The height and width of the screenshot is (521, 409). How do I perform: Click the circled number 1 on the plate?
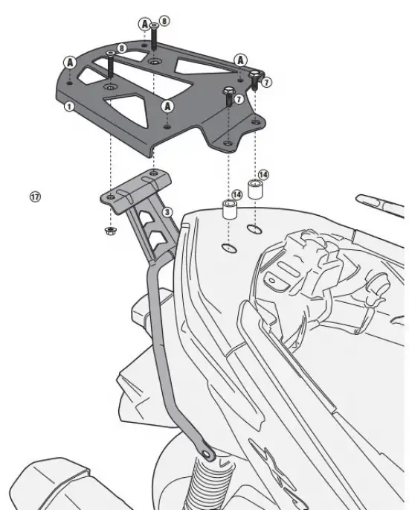pos(68,106)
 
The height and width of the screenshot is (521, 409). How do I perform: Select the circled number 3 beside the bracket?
pos(167,212)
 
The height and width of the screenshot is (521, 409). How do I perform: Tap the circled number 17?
pos(35,196)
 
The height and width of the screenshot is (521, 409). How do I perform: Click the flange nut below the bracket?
pos(109,231)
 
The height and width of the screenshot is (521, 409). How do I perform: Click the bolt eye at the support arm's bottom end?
pos(208,453)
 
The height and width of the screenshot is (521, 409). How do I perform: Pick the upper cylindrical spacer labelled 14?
pos(254,189)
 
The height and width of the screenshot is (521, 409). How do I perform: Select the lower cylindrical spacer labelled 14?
pos(229,209)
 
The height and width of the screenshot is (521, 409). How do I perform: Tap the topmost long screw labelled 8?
pos(154,36)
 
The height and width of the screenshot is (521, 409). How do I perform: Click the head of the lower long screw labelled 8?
pos(110,54)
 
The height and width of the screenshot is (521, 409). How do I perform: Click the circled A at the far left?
pos(70,63)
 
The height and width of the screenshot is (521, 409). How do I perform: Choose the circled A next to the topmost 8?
pos(144,24)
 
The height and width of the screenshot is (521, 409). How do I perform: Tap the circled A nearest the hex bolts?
pos(240,60)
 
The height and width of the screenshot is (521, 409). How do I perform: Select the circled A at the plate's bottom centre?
pos(167,106)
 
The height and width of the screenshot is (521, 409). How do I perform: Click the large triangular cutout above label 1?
pos(129,109)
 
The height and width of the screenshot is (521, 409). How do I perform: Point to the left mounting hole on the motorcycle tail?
pos(229,248)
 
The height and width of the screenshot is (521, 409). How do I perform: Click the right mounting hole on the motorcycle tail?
pos(254,229)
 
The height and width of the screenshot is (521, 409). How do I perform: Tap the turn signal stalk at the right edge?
pos(380,202)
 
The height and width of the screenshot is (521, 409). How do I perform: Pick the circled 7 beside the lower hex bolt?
pos(239,99)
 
